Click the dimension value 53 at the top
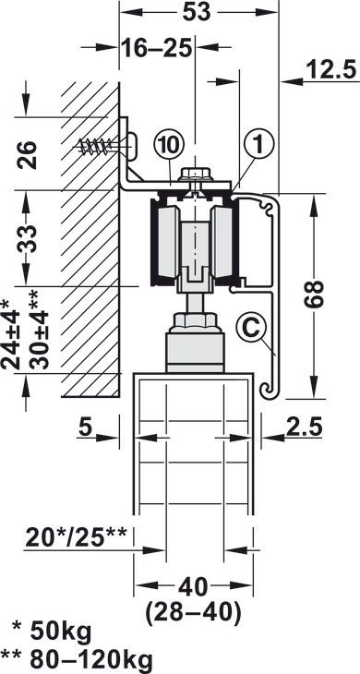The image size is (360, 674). click(197, 12)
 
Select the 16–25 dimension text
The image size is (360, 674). click(155, 47)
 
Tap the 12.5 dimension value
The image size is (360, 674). click(332, 70)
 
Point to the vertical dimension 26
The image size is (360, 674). click(27, 155)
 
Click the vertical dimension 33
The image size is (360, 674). click(27, 238)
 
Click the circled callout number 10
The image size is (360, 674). click(169, 146)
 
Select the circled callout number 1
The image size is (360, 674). click(259, 146)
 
